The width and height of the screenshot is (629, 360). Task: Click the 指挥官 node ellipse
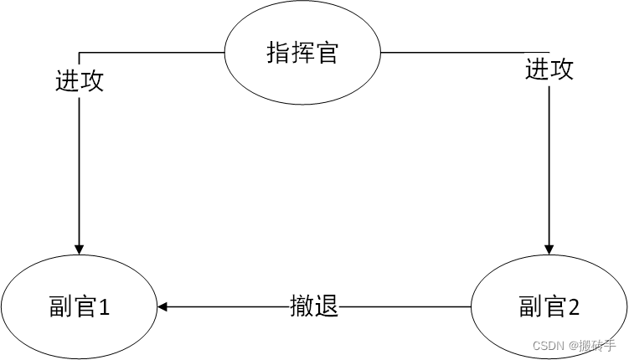(x=302, y=53)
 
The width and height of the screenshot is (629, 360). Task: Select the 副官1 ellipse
(x=79, y=307)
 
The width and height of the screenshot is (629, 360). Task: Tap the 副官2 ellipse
(x=549, y=307)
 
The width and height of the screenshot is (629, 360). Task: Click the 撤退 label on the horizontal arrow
(x=314, y=306)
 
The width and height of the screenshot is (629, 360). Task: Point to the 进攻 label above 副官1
(x=79, y=81)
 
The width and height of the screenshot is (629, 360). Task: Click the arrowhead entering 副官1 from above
(x=79, y=248)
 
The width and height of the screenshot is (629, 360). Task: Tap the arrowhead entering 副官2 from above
(x=549, y=248)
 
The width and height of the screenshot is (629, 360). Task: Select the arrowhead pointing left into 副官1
(x=162, y=307)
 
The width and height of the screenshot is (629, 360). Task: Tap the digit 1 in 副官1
(x=105, y=308)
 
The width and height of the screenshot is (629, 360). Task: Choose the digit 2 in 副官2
(x=574, y=308)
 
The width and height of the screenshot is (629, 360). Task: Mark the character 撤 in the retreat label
(x=302, y=306)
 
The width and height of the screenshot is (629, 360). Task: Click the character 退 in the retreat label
(x=327, y=306)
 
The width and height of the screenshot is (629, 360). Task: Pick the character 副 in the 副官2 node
(x=529, y=308)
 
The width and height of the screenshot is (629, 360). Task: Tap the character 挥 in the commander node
(x=302, y=54)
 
